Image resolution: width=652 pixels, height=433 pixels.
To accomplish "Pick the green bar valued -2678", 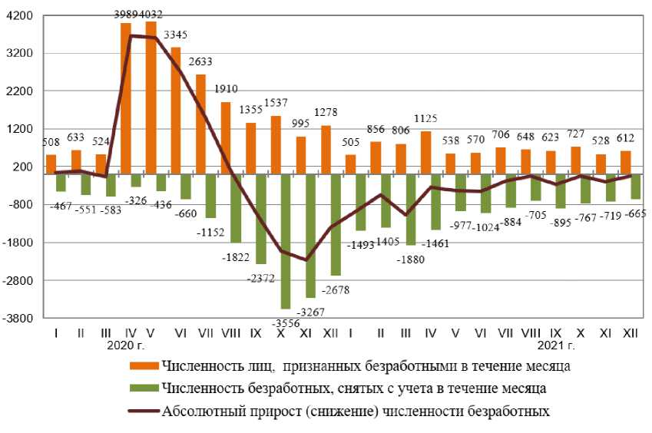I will pos(336,224).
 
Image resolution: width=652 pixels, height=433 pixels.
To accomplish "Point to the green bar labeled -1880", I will pos(410,210).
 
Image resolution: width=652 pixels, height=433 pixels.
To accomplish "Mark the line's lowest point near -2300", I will pos(306,260).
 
